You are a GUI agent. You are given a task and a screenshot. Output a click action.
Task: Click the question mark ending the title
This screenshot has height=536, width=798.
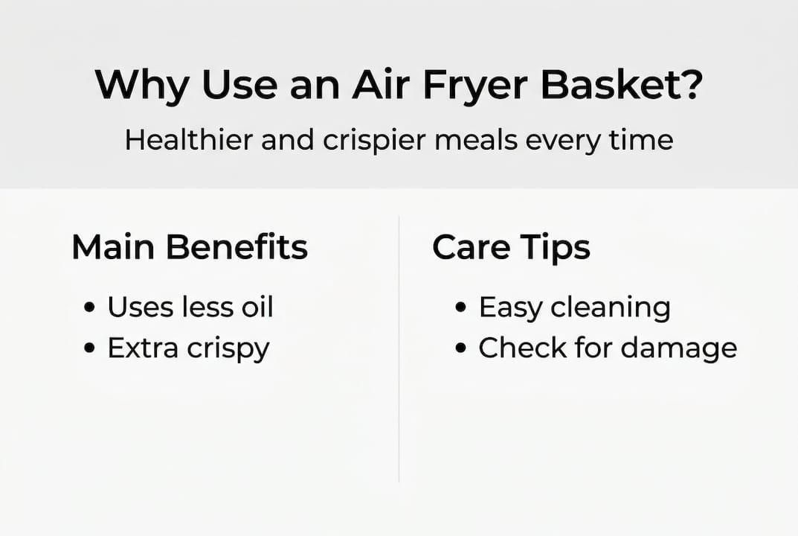[x=689, y=86]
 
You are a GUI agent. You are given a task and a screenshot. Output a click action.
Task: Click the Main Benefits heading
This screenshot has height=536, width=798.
[x=190, y=248]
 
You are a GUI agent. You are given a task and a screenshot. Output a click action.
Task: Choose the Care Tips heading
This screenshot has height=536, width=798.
[x=512, y=248]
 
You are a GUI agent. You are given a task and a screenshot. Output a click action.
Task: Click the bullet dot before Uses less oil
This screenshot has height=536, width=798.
[x=90, y=307]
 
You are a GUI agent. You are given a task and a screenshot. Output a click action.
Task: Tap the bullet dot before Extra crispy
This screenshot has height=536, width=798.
[x=90, y=348]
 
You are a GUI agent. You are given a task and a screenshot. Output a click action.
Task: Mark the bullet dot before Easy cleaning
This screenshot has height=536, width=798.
[x=461, y=307]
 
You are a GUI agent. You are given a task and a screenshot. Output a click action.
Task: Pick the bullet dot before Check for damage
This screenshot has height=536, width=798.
[x=461, y=348]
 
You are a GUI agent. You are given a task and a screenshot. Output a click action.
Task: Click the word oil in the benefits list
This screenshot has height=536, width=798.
[x=254, y=307]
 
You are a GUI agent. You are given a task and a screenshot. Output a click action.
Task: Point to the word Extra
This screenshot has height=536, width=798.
[x=141, y=348]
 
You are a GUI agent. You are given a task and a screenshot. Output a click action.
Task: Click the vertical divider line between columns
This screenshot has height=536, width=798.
[x=399, y=350]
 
